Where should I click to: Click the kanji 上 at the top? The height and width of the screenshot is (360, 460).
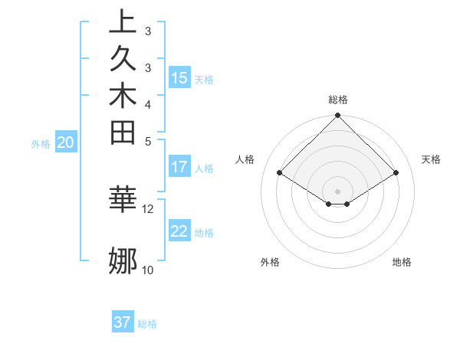(123, 22)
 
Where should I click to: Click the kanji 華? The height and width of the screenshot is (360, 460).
(123, 198)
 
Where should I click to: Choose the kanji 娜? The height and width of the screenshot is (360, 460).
(123, 261)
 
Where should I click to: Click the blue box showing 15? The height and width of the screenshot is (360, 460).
(179, 78)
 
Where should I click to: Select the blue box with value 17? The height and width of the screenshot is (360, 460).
(179, 167)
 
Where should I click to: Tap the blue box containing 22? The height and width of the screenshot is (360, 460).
(179, 231)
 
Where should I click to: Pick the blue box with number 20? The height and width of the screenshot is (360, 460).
(66, 142)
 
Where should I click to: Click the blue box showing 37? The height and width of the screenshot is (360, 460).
(123, 322)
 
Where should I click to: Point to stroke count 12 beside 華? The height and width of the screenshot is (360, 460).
(148, 208)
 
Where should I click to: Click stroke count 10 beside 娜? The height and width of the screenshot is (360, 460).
(148, 270)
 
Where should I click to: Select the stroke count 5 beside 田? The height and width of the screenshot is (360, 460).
(148, 141)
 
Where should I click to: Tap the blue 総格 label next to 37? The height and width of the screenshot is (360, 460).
(147, 324)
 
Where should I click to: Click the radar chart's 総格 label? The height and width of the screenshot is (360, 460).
(338, 100)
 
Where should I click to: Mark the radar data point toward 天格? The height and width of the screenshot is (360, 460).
(396, 173)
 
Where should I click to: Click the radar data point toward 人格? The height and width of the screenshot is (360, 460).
(280, 173)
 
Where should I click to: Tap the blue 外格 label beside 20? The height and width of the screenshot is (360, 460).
(41, 143)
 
